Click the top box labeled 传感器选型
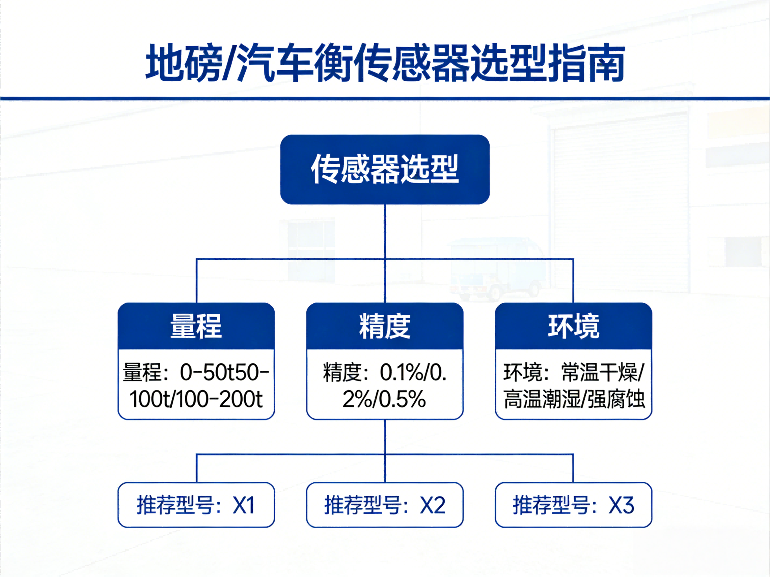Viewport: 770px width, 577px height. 385,169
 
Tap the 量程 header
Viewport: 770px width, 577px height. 196,326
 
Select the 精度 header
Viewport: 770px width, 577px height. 385,326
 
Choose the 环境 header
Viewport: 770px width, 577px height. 573,326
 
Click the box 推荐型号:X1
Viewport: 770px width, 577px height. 196,505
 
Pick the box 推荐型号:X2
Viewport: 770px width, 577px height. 385,505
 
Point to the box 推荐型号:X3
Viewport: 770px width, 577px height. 573,505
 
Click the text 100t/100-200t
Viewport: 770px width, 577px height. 196,399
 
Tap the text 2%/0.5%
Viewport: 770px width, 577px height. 384,399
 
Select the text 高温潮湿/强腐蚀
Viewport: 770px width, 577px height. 574,399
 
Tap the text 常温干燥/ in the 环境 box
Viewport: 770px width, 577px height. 603,372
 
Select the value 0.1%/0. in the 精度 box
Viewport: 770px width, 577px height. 413,372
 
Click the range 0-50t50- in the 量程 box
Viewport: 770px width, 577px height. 224,372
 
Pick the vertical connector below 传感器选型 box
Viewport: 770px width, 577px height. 385,231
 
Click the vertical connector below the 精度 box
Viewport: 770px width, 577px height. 385,436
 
